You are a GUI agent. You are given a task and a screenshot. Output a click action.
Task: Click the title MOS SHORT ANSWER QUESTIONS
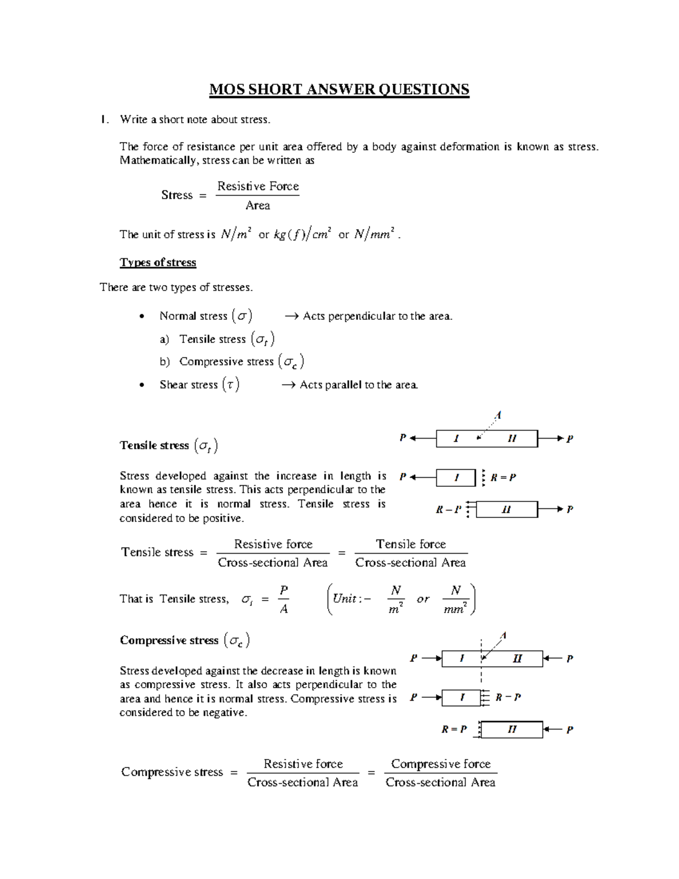(339, 89)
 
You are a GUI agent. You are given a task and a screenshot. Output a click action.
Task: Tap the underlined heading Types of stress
(158, 263)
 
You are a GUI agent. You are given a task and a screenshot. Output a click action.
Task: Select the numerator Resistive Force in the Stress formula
(258, 186)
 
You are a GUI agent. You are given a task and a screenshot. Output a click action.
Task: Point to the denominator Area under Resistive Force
(257, 205)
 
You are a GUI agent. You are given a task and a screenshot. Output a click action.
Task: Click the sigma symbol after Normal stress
(242, 316)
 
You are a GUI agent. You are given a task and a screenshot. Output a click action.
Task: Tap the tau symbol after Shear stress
(230, 385)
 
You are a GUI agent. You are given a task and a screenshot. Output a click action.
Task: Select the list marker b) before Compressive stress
(165, 362)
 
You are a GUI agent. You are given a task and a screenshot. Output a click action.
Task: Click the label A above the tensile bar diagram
(498, 415)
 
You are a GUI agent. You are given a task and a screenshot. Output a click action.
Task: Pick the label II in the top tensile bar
(512, 438)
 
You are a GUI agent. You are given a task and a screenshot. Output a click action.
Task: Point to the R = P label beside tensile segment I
(503, 477)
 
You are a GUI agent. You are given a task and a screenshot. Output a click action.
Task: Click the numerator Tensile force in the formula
(411, 544)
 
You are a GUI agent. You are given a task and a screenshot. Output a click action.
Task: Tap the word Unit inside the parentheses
(345, 598)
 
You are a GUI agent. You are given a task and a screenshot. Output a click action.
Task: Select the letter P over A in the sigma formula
(284, 590)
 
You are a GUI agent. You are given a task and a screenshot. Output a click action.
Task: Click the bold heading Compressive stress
(169, 640)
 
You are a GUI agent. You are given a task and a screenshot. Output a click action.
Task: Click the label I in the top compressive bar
(462, 658)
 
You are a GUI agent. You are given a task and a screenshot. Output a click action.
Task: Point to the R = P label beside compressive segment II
(454, 730)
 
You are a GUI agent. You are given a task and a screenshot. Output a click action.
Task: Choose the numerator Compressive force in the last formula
(441, 764)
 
